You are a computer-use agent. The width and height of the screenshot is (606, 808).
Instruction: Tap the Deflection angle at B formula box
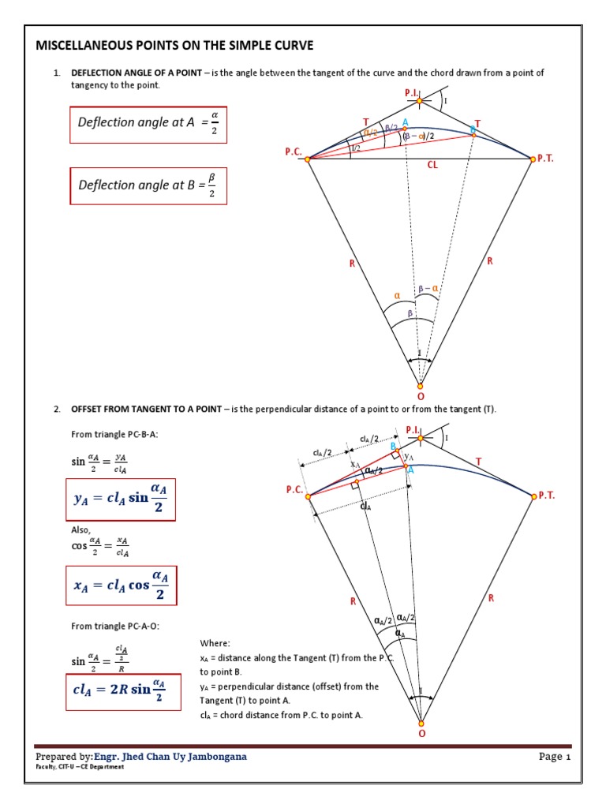click(148, 185)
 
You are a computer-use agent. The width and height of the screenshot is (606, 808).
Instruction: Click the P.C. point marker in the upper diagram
click(308, 159)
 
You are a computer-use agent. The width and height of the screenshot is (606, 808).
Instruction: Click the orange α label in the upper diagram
click(398, 297)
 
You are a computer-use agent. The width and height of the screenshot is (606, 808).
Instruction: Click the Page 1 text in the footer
click(555, 757)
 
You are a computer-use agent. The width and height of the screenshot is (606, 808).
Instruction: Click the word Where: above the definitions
click(215, 643)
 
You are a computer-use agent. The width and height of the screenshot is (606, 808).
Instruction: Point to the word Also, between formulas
click(81, 531)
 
